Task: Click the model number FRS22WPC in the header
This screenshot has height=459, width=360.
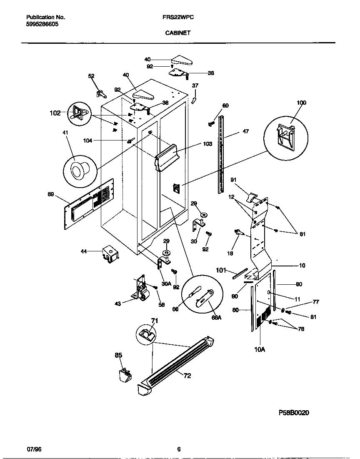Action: [178, 18]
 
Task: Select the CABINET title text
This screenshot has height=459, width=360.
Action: [178, 33]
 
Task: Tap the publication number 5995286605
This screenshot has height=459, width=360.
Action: [42, 24]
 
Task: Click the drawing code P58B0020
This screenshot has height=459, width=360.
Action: [294, 413]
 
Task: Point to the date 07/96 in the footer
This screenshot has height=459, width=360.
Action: [34, 449]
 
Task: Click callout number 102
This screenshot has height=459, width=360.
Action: [55, 113]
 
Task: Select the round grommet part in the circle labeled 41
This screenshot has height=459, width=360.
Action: [77, 171]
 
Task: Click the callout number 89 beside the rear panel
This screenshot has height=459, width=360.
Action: [51, 193]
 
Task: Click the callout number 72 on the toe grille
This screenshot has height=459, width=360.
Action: [187, 376]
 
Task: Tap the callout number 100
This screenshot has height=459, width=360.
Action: [301, 103]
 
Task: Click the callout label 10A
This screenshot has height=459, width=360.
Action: [259, 349]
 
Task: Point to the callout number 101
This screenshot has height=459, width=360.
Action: [221, 270]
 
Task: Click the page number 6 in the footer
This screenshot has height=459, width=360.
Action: [179, 449]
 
